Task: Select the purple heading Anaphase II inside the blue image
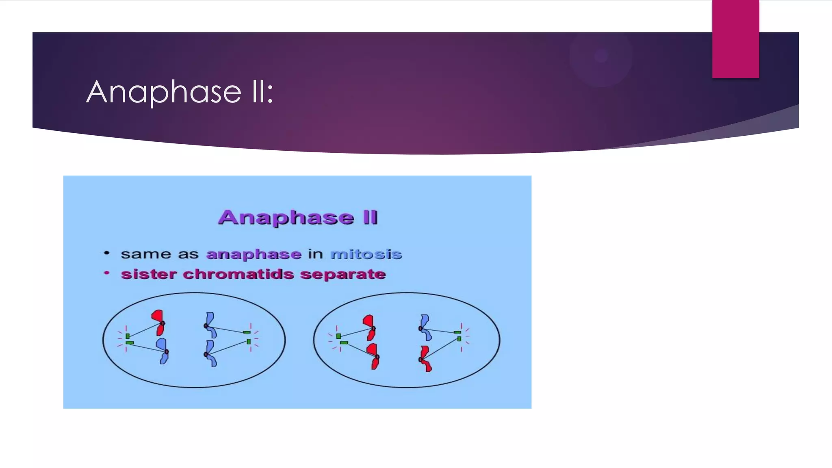(x=298, y=217)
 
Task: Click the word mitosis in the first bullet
(x=366, y=254)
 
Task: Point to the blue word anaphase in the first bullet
(x=254, y=254)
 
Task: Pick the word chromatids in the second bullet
(x=238, y=274)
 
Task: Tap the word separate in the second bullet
(x=343, y=274)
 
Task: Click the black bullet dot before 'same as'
(x=107, y=253)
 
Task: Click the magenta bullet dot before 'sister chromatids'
(x=107, y=273)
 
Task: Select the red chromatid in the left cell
(x=158, y=322)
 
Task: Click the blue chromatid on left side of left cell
(x=163, y=351)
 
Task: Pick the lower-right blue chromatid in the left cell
(x=210, y=353)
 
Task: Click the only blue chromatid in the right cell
(x=425, y=327)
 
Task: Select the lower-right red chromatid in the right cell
(x=425, y=359)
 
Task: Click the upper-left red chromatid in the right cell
(x=370, y=327)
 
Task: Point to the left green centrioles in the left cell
(x=128, y=339)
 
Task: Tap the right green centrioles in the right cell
(x=458, y=336)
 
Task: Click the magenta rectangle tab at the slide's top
(x=735, y=39)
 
